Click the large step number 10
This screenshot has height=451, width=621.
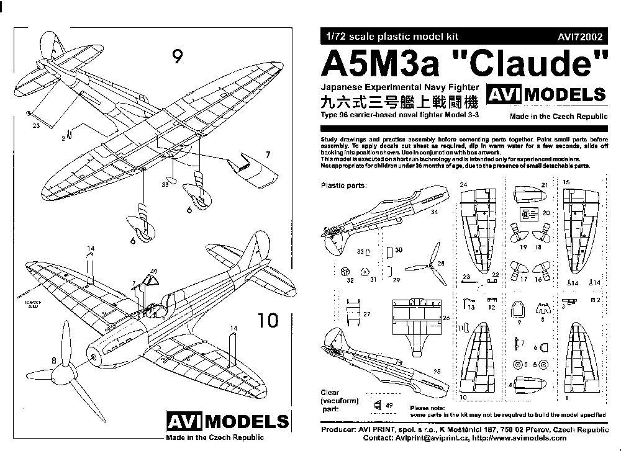[x=268, y=321]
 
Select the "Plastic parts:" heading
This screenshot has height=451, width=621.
[x=343, y=185]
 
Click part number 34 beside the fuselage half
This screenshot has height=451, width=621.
[x=433, y=212]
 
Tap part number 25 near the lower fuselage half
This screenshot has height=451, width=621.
[x=437, y=371]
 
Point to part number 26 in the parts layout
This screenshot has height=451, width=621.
[x=445, y=318]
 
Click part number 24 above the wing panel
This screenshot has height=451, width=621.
[x=463, y=185]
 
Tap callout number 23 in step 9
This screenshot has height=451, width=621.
[x=35, y=125]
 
